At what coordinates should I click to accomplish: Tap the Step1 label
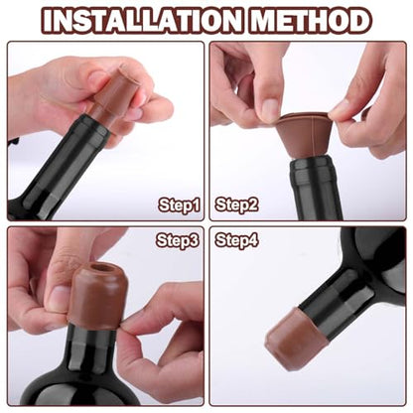click(x=179, y=206)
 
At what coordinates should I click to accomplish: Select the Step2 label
click(x=236, y=206)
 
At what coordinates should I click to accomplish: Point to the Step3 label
click(x=179, y=240)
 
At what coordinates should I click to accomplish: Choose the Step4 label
click(x=236, y=240)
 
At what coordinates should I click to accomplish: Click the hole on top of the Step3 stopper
click(x=98, y=268)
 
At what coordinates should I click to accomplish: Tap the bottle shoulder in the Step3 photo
click(x=89, y=372)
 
